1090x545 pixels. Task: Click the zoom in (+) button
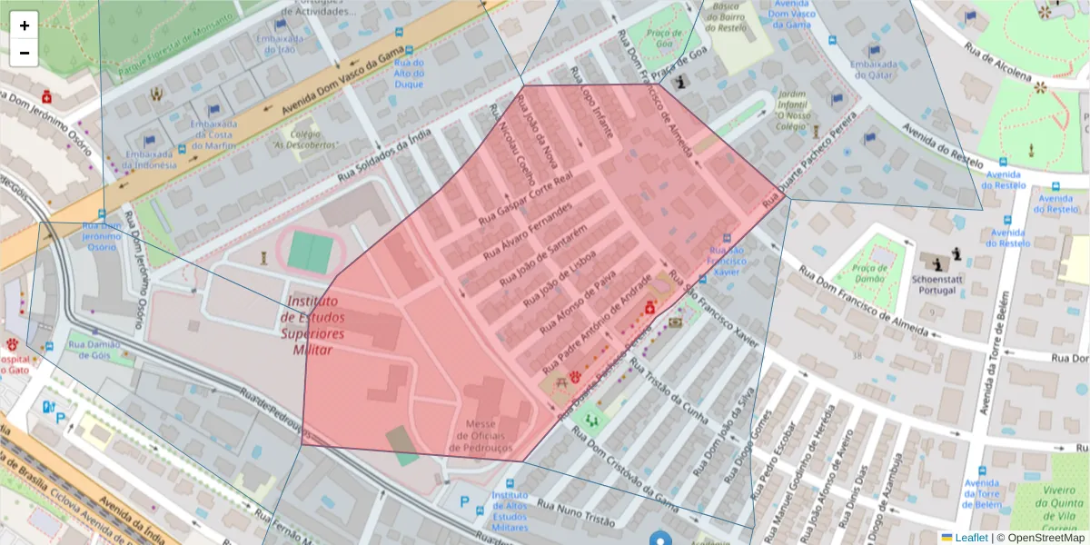coord(25,25)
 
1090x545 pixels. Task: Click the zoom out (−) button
coord(25,53)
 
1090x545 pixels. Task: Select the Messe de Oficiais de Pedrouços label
coord(480,436)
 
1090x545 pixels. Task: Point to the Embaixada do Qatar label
coord(874,71)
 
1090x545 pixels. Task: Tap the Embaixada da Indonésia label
coord(150,159)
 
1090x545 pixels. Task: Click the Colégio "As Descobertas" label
coord(305,139)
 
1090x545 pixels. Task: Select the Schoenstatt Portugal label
coord(936,286)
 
